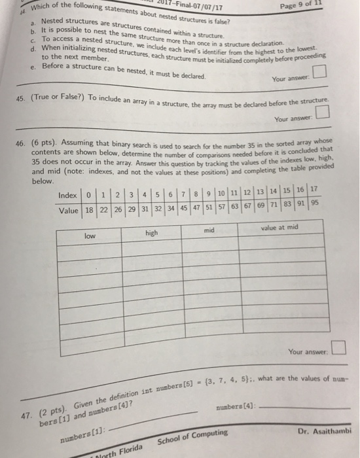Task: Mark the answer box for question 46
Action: point(338,347)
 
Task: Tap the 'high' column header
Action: point(152,231)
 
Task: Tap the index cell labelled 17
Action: point(313,189)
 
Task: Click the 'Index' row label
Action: point(67,196)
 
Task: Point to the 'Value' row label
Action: point(67,211)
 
